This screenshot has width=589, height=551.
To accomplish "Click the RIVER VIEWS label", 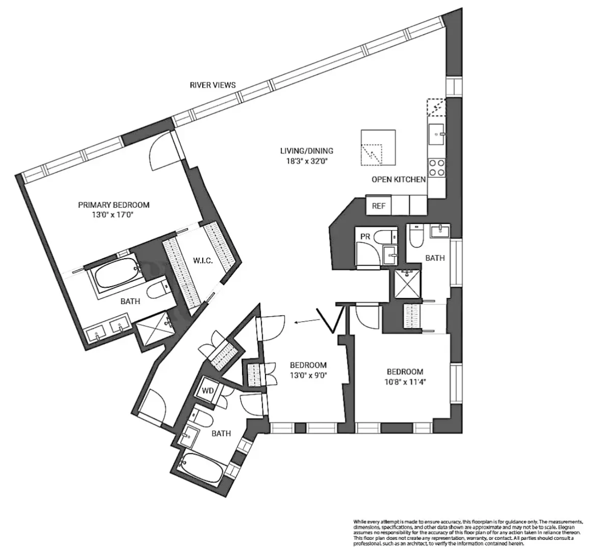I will pos(213,85).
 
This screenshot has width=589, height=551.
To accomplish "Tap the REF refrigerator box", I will pos(378,206).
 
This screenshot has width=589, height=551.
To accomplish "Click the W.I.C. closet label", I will pos(203,261).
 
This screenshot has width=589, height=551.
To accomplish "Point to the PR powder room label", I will pos(365,237).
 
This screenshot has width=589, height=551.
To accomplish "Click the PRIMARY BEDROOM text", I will pos(114,205).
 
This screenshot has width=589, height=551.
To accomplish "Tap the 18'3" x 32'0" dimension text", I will pos(306,161).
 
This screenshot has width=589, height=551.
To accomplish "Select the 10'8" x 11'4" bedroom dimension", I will pos(405,381).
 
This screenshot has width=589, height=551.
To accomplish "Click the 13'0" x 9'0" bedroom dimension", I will pos(308,375).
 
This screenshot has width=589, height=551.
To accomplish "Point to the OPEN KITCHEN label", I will pos(398,179).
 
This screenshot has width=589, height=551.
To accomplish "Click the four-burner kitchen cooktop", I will pos(436,167).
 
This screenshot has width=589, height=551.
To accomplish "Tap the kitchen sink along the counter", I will pos(437,133).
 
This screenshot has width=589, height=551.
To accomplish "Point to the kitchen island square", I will pos(378,148).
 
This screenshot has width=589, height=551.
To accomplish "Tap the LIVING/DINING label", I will pos(306,151).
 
